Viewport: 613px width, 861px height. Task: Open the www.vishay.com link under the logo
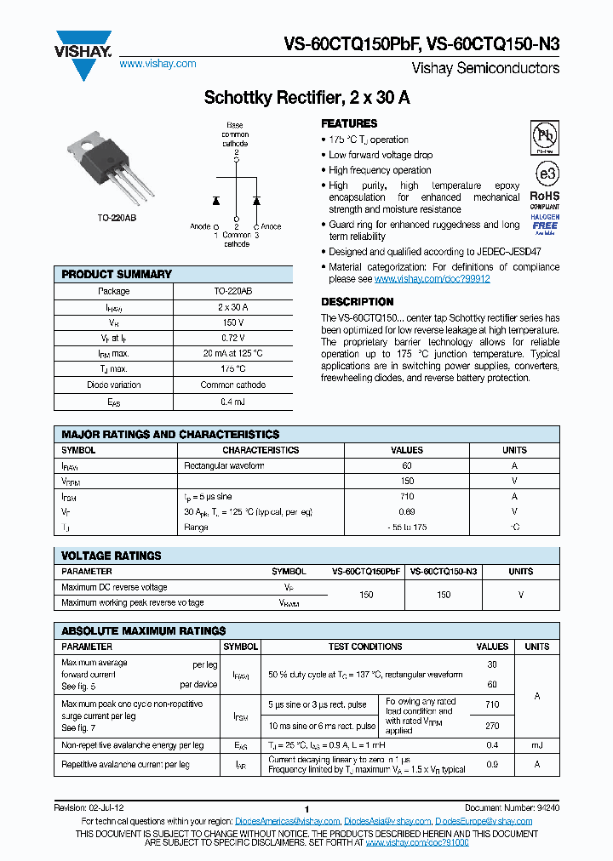click(158, 64)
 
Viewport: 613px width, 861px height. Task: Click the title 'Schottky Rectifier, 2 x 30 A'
click(306, 98)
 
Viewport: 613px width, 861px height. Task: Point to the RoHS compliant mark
click(545, 198)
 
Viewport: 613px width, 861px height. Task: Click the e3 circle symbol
click(545, 173)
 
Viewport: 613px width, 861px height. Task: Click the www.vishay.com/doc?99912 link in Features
click(432, 279)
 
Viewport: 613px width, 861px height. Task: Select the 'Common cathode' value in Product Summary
click(233, 385)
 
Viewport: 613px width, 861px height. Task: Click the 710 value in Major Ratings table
click(406, 496)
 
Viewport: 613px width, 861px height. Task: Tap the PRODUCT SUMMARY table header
click(117, 274)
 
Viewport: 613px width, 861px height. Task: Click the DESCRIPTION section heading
click(357, 302)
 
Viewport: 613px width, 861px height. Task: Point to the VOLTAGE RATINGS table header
click(112, 556)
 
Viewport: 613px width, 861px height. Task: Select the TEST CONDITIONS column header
click(365, 647)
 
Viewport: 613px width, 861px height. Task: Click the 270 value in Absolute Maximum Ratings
click(492, 726)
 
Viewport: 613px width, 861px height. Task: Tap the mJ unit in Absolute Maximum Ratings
click(536, 745)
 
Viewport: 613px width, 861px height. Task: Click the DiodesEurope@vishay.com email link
click(484, 821)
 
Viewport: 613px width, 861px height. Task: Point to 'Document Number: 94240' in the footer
click(512, 808)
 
